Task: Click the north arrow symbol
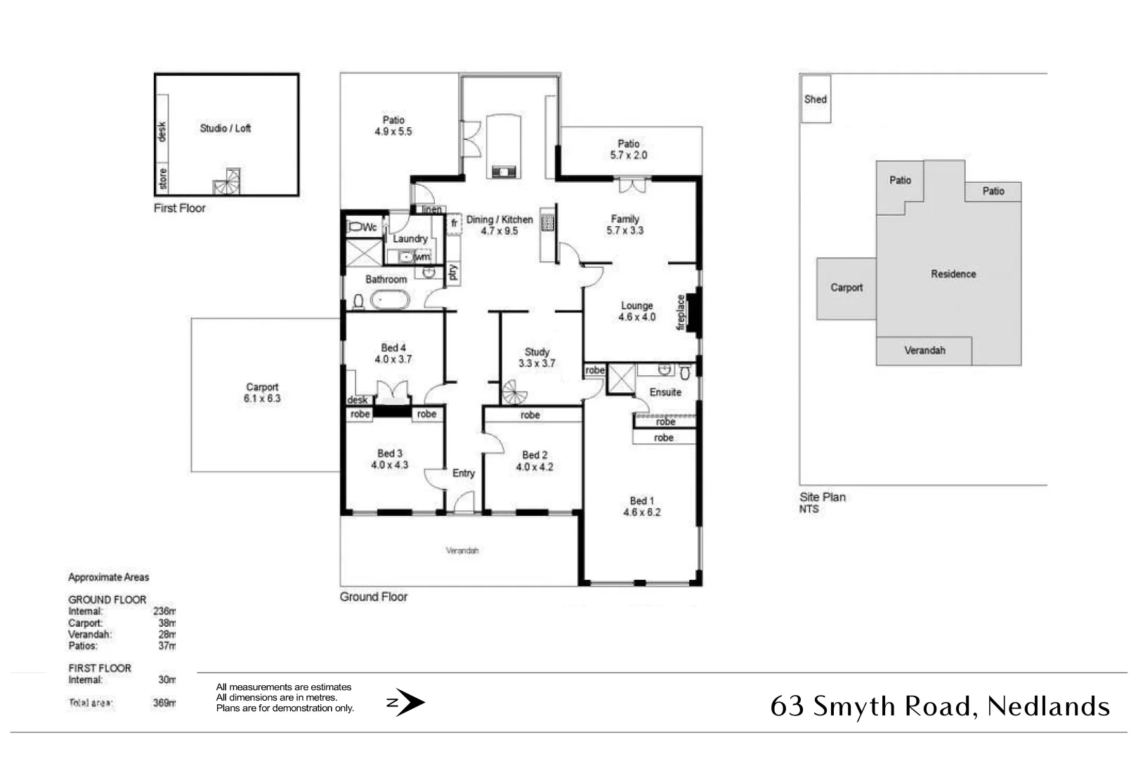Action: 407,702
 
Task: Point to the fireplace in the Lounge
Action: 693,312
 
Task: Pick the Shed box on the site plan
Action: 816,99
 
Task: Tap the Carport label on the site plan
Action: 846,287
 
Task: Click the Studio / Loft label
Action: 225,128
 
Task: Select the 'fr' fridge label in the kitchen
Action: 454,223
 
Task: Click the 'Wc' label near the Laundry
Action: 369,227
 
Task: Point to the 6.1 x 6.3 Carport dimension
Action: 262,398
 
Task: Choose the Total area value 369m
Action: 164,703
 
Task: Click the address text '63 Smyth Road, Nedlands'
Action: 940,706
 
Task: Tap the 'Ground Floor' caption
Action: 374,597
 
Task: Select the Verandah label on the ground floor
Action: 462,550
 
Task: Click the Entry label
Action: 464,473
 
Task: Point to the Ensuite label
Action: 665,392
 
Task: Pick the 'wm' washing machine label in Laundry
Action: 422,257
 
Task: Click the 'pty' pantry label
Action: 453,271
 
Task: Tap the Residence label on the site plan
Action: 953,274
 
